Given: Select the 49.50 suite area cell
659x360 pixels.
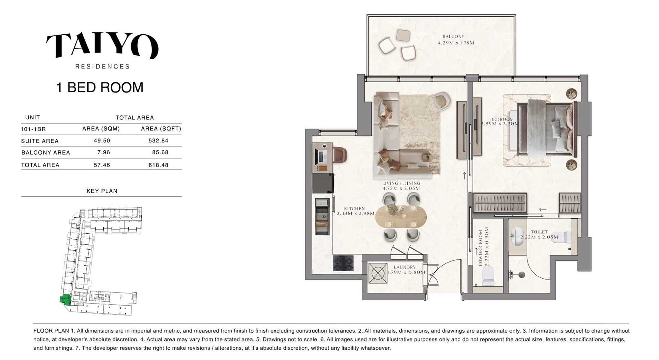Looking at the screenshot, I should coord(102,141).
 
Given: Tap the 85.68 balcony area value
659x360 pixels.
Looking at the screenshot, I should coord(160,153).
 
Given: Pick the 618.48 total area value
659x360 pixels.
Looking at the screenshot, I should coord(158,165).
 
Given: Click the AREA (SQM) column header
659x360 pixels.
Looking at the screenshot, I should coord(101,129).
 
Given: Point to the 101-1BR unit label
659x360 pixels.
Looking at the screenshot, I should coord(33,129).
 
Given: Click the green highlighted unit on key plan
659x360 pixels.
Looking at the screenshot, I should coord(66,299).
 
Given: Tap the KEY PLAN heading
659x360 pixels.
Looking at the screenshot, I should coord(102,191).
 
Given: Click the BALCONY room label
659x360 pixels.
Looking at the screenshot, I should coord(453,37).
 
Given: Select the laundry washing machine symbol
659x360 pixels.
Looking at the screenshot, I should coord(378,273).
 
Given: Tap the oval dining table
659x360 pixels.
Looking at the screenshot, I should coord(401,217).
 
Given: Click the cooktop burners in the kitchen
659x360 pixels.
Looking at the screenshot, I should coord(343,263).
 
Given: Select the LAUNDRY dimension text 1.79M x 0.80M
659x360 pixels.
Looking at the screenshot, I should coord(406,272).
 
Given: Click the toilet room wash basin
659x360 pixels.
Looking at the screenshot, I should coord(517,236).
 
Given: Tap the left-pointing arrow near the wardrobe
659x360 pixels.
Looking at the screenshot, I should coord(543,210).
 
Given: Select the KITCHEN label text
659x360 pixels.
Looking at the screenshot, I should coord(354,209).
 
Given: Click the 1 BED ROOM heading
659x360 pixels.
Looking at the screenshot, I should coord(100,88).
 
